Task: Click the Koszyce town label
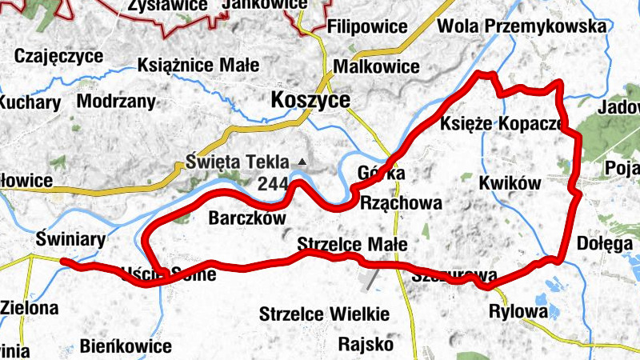pos(311,100)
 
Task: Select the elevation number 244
pos(273,183)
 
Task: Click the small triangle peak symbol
pos(302,162)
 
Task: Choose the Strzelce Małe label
pos(351,244)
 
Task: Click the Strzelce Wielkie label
pos(324,314)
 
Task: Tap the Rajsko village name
pos(366,345)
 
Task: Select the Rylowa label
pos(518,311)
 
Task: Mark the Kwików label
pos(510,183)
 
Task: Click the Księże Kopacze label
pos(501,124)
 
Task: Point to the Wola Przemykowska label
pos(522,26)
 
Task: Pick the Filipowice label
pos(367,26)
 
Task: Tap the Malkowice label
pos(376,66)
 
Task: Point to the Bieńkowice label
pos(126,346)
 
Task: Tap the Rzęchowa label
pos(402,203)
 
